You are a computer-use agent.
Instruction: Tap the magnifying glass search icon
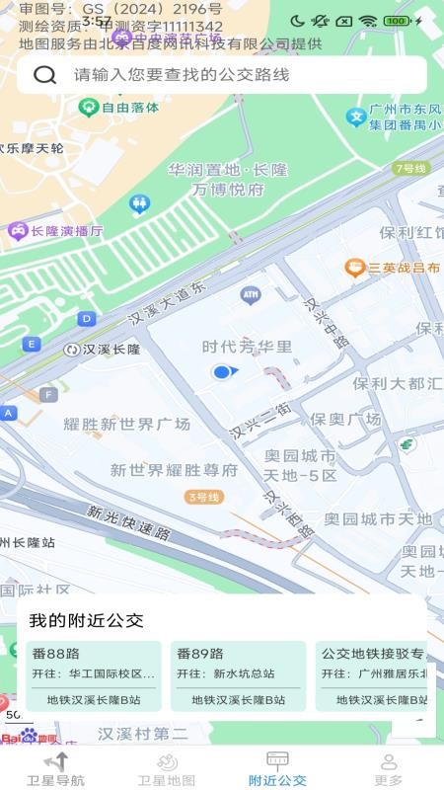pos(44,75)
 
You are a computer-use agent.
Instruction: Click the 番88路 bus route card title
pos(55,654)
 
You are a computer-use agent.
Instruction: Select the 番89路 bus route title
pos(200,654)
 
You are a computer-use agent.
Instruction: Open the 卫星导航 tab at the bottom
pos(55,768)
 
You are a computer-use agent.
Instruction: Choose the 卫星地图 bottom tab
pos(167,768)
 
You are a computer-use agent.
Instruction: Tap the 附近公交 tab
pos(277,768)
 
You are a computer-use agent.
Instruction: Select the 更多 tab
pos(389,768)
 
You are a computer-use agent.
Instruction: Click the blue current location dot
pos(222,371)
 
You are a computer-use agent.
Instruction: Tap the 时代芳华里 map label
pos(248,347)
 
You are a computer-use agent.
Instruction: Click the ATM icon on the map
pos(250,294)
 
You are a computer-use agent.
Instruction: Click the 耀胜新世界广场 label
pos(127,424)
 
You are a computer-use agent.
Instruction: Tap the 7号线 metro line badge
pos(409,169)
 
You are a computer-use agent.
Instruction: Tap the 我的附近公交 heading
pos(86,621)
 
